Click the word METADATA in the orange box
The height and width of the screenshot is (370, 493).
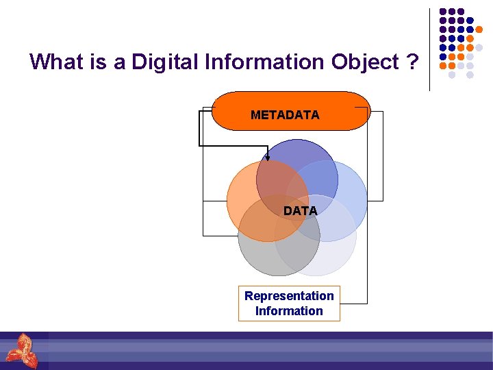285,115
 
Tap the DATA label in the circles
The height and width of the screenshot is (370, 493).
300,211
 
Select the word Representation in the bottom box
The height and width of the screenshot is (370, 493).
289,296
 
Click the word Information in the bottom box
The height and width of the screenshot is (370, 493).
289,311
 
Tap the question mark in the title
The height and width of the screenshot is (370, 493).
412,62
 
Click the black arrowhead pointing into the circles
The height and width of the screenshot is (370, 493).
268,157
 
